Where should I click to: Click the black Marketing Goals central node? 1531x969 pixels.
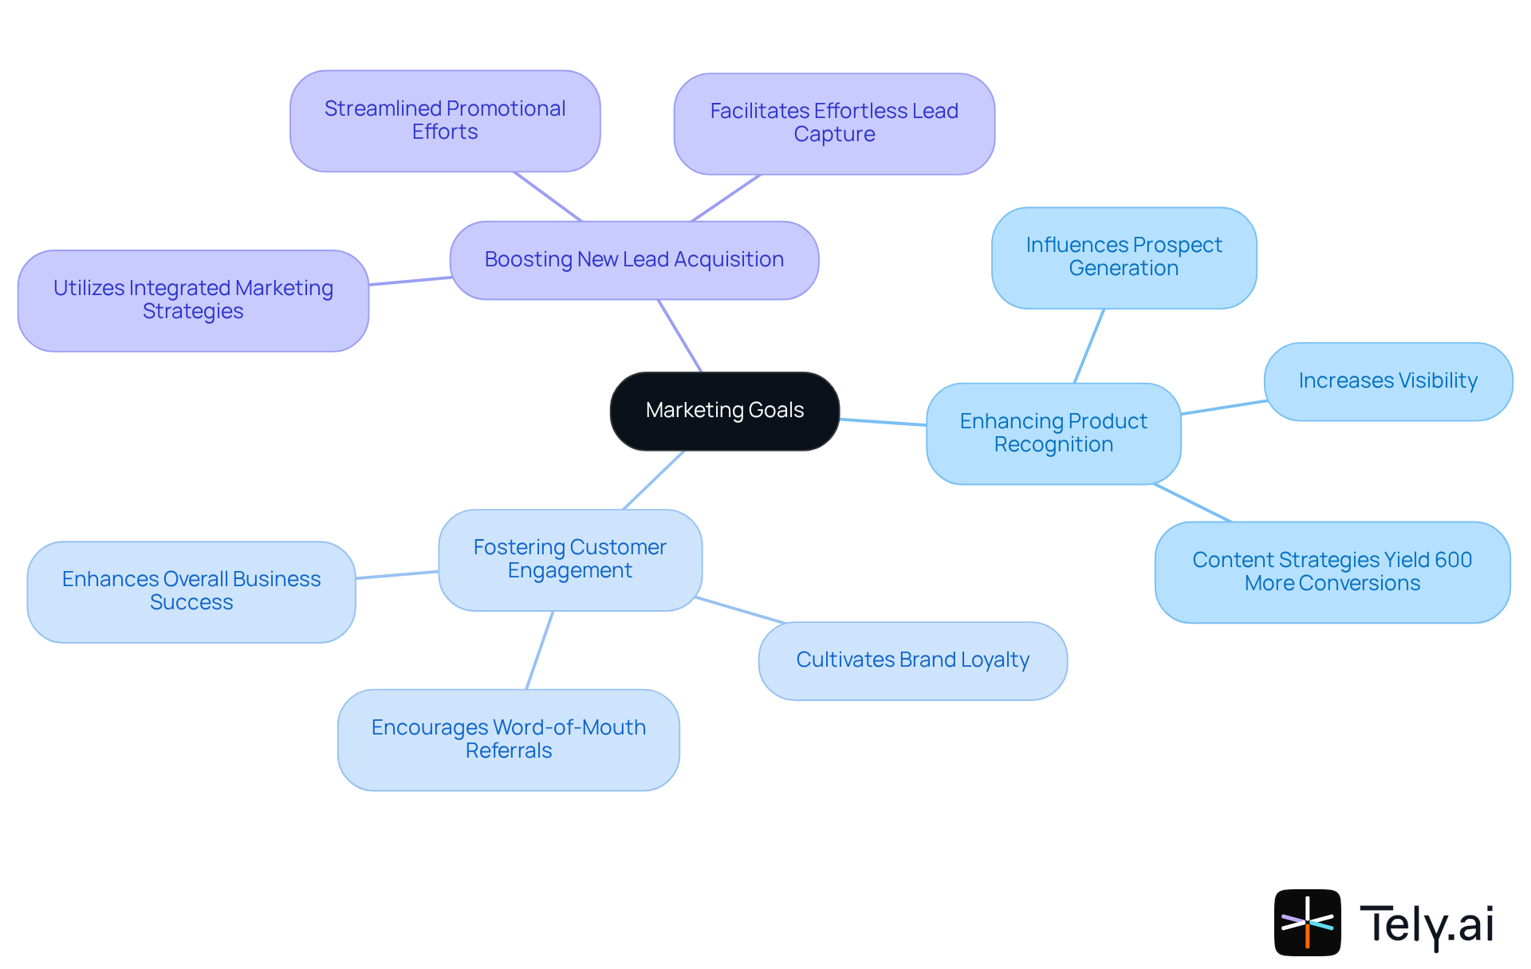[x=724, y=411]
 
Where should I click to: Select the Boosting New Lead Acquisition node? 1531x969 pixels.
[x=634, y=260]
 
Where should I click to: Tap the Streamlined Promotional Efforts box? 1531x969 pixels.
[x=445, y=120]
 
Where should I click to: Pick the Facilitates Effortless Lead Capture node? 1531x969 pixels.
[x=834, y=124]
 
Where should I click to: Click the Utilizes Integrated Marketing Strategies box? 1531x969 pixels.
[x=193, y=300]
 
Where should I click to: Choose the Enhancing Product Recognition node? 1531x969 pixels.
[x=1053, y=433]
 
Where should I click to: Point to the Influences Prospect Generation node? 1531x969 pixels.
[x=1124, y=257]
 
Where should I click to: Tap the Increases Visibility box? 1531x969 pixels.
[x=1387, y=381]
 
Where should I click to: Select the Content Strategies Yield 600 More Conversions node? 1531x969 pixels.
[x=1332, y=572]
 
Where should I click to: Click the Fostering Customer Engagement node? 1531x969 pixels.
[x=569, y=559]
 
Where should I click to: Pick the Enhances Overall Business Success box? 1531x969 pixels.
[x=191, y=591]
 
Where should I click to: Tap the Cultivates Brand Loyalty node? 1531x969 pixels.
[x=912, y=660]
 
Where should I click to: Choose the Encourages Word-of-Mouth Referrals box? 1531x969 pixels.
[x=508, y=739]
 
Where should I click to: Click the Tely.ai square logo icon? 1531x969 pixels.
[x=1307, y=922]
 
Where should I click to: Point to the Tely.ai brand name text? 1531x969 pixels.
[x=1427, y=924]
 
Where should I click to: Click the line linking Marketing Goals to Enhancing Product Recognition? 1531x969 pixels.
[x=883, y=422]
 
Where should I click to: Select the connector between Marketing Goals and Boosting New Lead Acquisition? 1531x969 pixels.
[x=679, y=336]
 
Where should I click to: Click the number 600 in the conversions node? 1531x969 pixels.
[x=1453, y=560]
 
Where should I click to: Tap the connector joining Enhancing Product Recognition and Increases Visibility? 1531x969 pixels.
[x=1223, y=408]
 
